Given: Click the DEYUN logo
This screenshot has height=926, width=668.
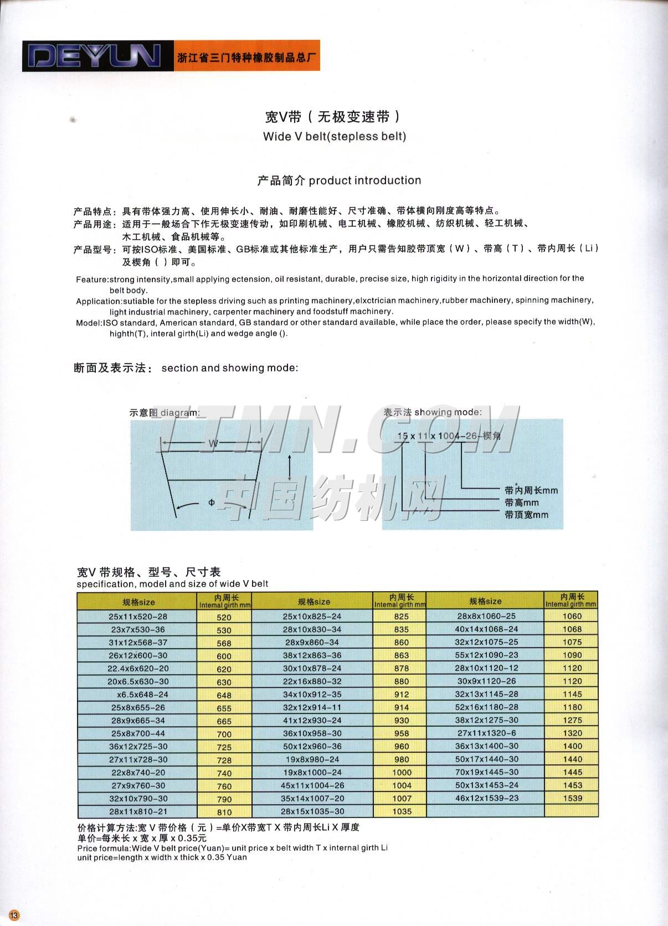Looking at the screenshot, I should [x=95, y=56].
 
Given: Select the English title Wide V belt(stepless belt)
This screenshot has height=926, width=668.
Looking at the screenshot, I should [x=334, y=137].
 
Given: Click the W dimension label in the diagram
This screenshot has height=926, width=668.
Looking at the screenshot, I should [x=213, y=443].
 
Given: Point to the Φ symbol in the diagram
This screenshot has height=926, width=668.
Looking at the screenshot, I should [x=212, y=503].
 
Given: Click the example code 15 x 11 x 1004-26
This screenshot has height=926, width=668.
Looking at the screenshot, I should [x=437, y=436].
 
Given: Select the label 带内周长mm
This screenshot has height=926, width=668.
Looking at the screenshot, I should [x=531, y=490].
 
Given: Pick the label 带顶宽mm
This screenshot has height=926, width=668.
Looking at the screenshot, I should [x=526, y=515].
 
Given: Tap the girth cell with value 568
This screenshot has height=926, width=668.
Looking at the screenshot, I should [x=224, y=643].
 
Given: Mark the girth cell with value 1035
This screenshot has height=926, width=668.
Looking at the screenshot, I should [x=402, y=811].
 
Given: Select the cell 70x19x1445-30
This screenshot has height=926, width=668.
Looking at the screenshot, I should [x=486, y=772].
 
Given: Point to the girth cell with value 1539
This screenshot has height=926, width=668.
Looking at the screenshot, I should [x=572, y=798].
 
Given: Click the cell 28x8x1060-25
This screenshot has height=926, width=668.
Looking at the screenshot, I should [x=486, y=616].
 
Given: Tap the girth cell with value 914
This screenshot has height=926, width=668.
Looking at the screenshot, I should [x=402, y=707].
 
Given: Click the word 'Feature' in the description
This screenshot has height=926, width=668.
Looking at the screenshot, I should [x=91, y=279].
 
